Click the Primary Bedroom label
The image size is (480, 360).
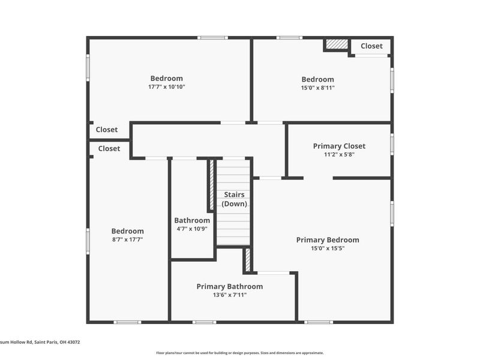(328, 240)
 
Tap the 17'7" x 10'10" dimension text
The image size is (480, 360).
(167, 87)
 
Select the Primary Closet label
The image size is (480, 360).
(339, 146)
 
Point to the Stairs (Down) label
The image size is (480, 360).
(234, 199)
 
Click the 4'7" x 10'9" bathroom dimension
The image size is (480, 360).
(192, 229)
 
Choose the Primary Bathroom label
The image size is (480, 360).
(230, 287)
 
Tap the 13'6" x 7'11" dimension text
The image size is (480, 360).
(230, 295)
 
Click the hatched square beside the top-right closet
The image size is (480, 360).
(337, 44)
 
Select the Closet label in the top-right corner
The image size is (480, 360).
(371, 46)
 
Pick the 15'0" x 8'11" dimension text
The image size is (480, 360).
(318, 88)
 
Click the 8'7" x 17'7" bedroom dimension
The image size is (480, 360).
(127, 239)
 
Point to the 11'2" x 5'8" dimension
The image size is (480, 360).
(339, 155)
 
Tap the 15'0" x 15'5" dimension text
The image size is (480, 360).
(328, 248)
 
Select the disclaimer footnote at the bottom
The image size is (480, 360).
(239, 353)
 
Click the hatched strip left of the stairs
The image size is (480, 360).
(212, 184)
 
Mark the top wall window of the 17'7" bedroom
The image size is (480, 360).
(212, 38)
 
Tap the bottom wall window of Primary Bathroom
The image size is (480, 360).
(204, 322)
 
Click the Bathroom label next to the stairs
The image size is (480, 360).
(192, 220)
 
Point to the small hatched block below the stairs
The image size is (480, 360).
(248, 260)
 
